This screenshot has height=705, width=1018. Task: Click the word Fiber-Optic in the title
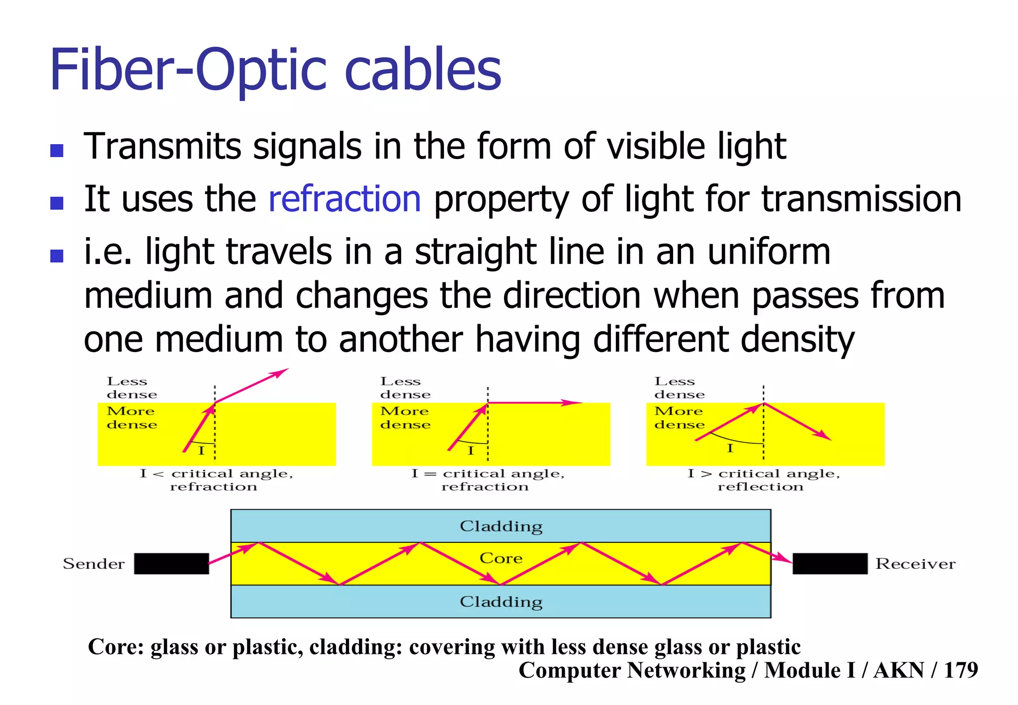tap(187, 70)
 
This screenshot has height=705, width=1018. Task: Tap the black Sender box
tap(171, 563)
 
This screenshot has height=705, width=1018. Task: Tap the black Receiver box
tap(830, 563)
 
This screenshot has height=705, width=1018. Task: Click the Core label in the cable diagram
tap(501, 558)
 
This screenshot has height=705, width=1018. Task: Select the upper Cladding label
tap(501, 526)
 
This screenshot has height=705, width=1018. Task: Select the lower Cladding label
tap(501, 602)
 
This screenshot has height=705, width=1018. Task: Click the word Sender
tap(93, 564)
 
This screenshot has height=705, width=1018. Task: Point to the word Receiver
tap(915, 564)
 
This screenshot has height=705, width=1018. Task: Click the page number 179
tap(960, 670)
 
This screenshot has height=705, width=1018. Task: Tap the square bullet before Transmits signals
tap(57, 150)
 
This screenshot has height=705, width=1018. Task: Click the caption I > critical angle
tap(763, 473)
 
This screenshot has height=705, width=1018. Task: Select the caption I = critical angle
tap(488, 473)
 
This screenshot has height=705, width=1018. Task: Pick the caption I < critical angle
tap(216, 473)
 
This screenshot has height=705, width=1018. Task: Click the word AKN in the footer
tap(899, 670)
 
